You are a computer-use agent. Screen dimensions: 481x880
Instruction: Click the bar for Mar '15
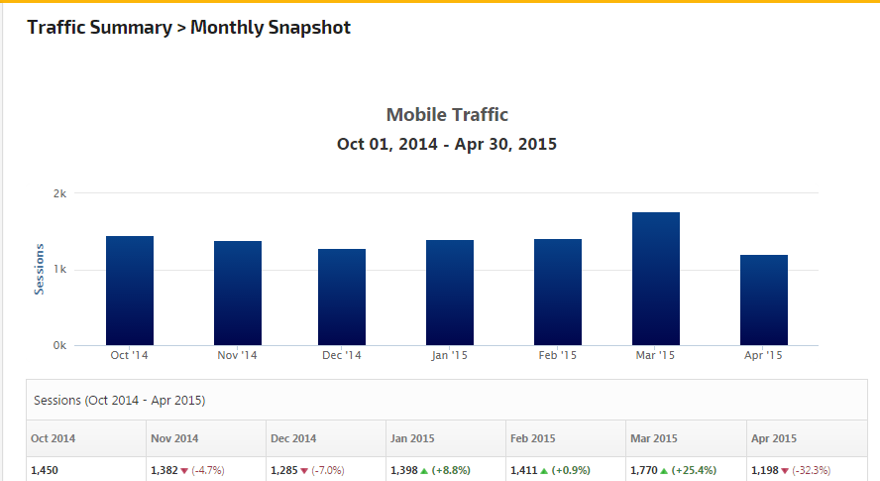(x=656, y=279)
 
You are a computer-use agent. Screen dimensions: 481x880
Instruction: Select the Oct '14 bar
(x=130, y=291)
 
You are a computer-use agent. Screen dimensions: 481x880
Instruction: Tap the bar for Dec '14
(x=342, y=297)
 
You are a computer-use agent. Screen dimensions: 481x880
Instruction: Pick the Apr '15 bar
(x=764, y=300)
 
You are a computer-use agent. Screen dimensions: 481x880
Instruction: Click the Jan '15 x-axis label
(x=450, y=355)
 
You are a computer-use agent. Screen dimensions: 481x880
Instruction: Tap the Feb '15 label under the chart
(x=558, y=355)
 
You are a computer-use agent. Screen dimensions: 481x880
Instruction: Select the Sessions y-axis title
(x=40, y=269)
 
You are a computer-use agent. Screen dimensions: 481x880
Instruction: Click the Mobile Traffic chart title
(x=447, y=115)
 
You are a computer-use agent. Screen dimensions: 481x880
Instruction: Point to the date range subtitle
(x=447, y=144)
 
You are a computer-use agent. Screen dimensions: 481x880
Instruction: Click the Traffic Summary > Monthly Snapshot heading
(x=189, y=28)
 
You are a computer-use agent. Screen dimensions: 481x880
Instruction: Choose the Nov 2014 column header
(x=174, y=437)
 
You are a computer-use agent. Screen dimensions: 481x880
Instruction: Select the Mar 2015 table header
(x=653, y=437)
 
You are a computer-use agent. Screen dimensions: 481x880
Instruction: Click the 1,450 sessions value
(x=46, y=470)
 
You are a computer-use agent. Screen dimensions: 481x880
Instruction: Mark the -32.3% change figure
(x=811, y=470)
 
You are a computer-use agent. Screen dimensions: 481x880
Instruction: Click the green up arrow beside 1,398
(x=424, y=470)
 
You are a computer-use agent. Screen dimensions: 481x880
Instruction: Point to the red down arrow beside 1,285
(x=304, y=470)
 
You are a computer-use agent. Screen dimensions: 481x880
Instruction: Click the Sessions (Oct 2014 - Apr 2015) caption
(x=120, y=401)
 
